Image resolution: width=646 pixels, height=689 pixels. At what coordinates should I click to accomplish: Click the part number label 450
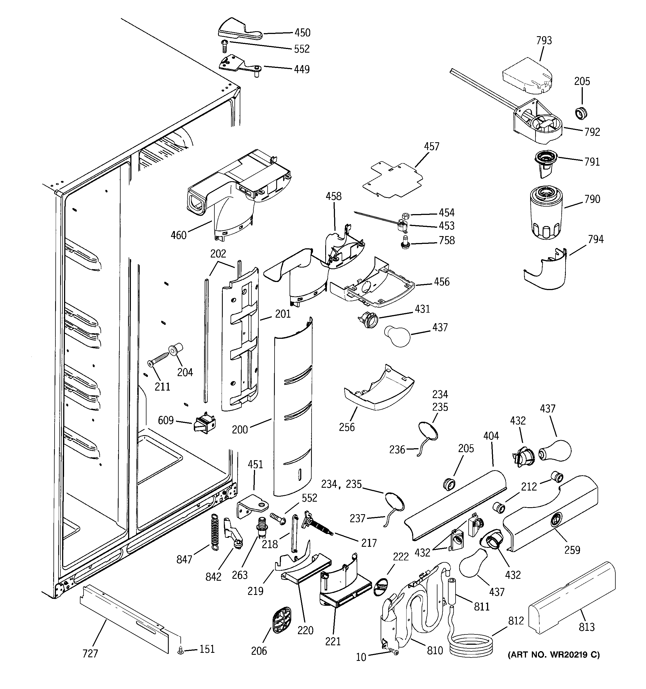[302, 33]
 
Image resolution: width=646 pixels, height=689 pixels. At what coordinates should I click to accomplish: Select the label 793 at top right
[544, 41]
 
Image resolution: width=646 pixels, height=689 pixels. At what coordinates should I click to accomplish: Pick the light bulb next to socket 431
[397, 335]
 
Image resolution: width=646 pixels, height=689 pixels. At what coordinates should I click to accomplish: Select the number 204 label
[185, 372]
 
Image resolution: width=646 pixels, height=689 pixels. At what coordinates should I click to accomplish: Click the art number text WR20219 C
[554, 655]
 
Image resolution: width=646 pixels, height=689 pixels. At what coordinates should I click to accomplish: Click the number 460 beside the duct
[178, 235]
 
